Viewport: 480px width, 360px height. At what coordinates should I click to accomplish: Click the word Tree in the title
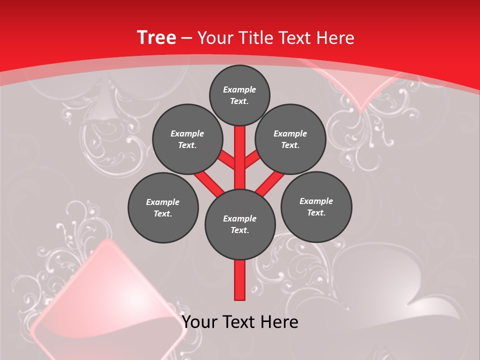point(156,37)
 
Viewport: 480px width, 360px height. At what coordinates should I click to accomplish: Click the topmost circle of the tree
point(239,95)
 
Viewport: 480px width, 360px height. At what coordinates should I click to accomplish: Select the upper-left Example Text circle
point(187,139)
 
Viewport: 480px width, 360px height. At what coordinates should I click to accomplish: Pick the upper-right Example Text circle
point(290,139)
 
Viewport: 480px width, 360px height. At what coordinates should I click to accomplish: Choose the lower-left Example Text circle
point(162,207)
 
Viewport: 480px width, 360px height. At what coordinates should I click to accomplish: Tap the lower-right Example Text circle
point(316,206)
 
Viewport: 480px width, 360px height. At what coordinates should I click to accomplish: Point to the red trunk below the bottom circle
point(240,280)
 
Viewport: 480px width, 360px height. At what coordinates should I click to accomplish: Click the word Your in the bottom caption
point(199,322)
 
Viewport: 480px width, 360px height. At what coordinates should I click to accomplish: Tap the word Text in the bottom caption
point(241,322)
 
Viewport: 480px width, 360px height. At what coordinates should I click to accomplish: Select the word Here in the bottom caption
point(280,322)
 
